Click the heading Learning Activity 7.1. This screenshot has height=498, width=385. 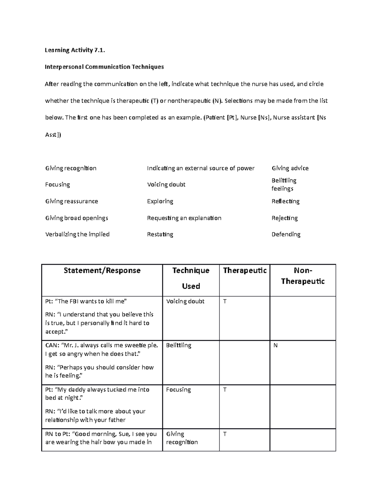tap(75, 50)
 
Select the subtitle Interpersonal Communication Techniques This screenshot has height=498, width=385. tap(104, 67)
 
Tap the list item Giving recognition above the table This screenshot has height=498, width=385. tap(71, 168)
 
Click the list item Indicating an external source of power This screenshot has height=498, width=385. tap(201, 168)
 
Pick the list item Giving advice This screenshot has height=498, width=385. tap(290, 168)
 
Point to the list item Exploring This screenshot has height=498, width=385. tap(160, 201)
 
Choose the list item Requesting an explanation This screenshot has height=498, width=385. tap(184, 218)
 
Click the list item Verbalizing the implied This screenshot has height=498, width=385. tap(77, 234)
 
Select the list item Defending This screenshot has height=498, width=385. tap(286, 234)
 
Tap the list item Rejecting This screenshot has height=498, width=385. tap(285, 218)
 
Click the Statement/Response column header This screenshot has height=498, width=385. tap(102, 271)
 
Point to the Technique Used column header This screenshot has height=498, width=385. tap(191, 278)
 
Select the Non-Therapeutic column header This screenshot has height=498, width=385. tap(303, 276)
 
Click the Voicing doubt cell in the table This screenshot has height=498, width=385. tap(185, 301)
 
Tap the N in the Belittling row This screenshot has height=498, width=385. tap(275, 346)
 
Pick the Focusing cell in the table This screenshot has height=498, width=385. tap(178, 390)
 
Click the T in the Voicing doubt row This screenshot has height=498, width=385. tap(225, 301)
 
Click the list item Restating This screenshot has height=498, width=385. tap(160, 234)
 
